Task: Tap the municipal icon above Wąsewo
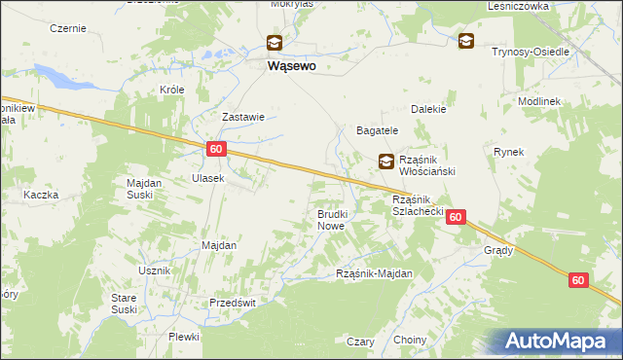[275, 42]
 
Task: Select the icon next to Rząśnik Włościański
[386, 162]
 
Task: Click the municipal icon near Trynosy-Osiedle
[466, 40]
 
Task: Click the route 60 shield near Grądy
[457, 219]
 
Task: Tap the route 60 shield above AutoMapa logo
[578, 280]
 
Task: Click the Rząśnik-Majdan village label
[374, 273]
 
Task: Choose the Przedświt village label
[232, 303]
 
